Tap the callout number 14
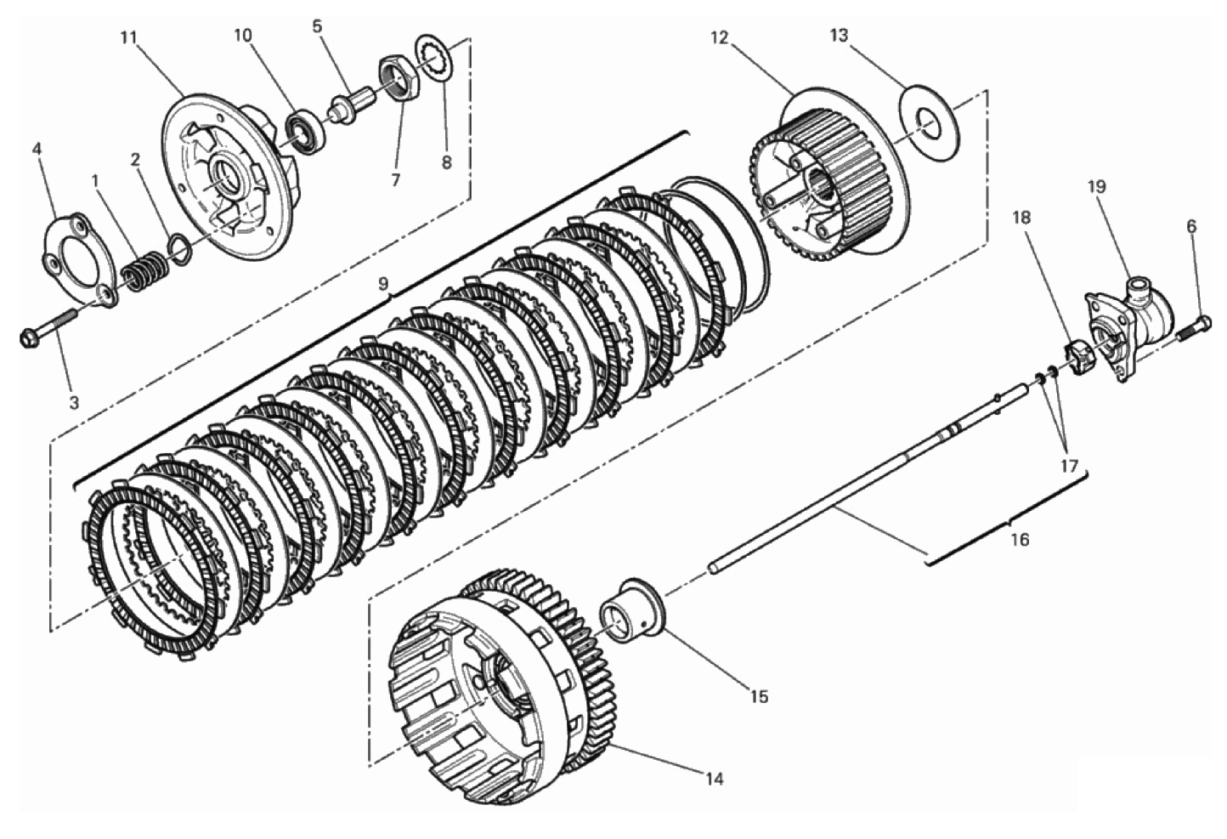click(x=715, y=778)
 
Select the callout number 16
click(x=1020, y=539)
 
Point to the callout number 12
click(x=720, y=37)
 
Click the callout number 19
click(x=1097, y=186)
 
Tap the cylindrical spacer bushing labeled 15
click(x=631, y=610)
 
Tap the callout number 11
click(x=128, y=37)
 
